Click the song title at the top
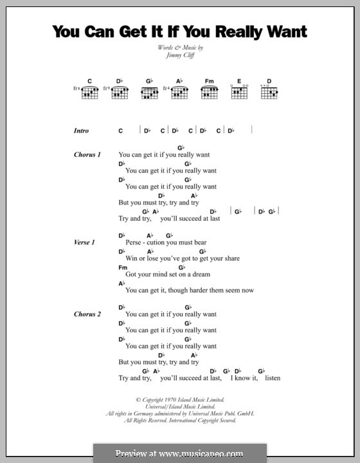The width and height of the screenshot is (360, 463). point(180,32)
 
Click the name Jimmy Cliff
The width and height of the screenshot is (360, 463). point(180,56)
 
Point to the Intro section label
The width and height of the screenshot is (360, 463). point(81,131)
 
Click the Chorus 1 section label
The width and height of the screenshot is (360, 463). point(87,155)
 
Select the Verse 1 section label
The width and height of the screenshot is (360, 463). point(85,242)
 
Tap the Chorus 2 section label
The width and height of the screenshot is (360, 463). point(87,314)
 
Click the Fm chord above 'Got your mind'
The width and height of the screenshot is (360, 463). point(123,267)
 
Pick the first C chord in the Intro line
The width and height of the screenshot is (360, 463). point(120,131)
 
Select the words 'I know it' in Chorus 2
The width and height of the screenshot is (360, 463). point(244,378)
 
